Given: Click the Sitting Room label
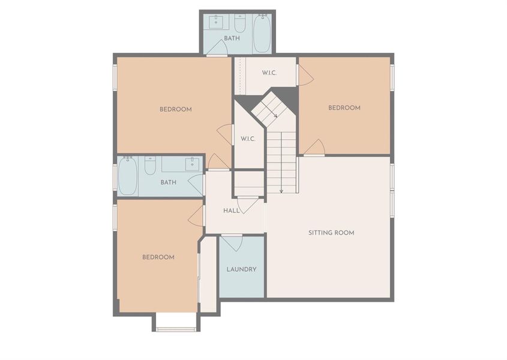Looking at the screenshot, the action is pyautogui.click(x=331, y=233).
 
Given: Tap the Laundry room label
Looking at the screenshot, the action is pyautogui.click(x=242, y=269).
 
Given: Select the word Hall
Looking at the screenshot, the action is pyautogui.click(x=232, y=211).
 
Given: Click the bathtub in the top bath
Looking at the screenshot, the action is pyautogui.click(x=262, y=34).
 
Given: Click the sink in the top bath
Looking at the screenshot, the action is pyautogui.click(x=216, y=22).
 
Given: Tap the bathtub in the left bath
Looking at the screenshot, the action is pyautogui.click(x=128, y=176).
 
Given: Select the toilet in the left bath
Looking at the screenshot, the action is pyautogui.click(x=150, y=165).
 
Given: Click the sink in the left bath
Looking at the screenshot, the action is pyautogui.click(x=193, y=164).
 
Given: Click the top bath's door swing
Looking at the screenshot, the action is pyautogui.click(x=217, y=47).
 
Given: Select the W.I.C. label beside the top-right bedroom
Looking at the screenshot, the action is pyautogui.click(x=269, y=73).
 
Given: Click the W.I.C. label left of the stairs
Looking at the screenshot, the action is pyautogui.click(x=248, y=139).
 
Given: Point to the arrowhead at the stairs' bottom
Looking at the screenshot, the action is pyautogui.click(x=281, y=191).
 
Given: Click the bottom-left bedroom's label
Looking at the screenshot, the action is pyautogui.click(x=158, y=257).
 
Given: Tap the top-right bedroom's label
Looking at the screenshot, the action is pyautogui.click(x=344, y=108).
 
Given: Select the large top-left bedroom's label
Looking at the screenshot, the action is pyautogui.click(x=176, y=109).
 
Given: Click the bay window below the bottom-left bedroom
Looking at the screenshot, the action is pyautogui.click(x=176, y=329).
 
